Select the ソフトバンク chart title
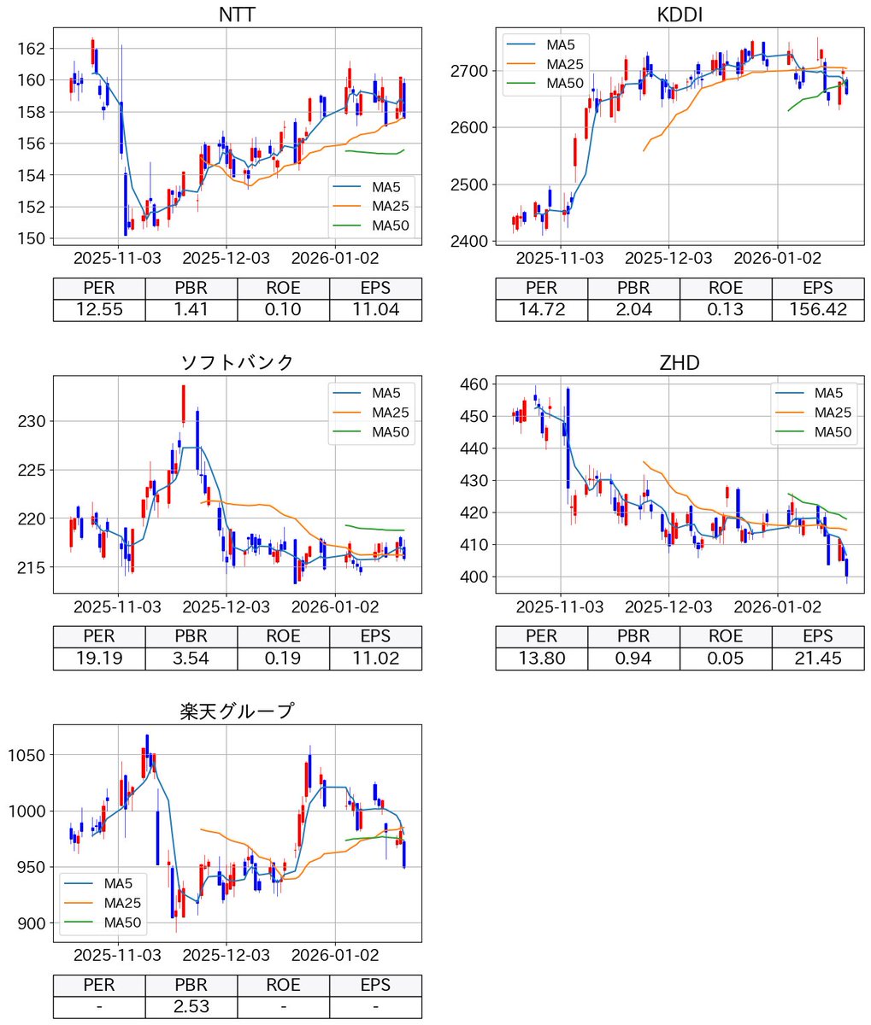point(237,362)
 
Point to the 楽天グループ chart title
point(237,711)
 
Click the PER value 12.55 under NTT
point(99,310)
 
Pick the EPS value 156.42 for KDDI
point(817,310)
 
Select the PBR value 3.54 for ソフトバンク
point(191,659)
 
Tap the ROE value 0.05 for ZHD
point(725,659)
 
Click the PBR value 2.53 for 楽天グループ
point(191,1007)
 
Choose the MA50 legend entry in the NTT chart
point(384,225)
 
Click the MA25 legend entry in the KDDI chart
point(564,62)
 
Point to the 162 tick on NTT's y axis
point(33,49)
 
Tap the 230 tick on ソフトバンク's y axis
point(33,421)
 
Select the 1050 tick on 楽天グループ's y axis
point(28,755)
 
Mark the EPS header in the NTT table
point(375,288)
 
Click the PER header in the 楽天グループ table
point(99,985)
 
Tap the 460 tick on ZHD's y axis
point(475,384)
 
